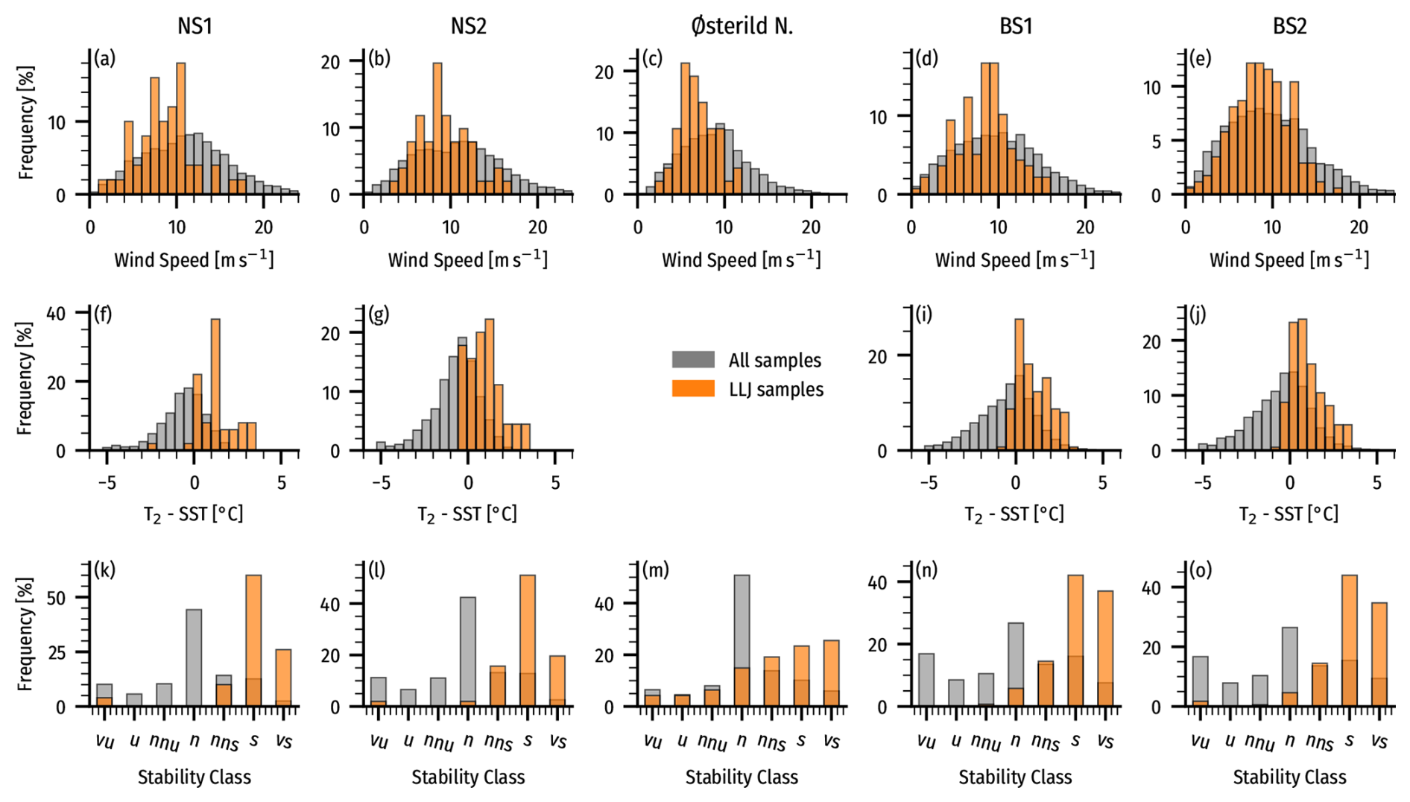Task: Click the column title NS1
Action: [x=195, y=26]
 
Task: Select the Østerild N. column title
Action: [x=742, y=26]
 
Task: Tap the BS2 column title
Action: [x=1289, y=26]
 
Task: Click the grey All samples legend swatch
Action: [x=693, y=359]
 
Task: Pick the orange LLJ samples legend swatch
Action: [x=693, y=388]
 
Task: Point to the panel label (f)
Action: [x=103, y=314]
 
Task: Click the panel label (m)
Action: [x=656, y=569]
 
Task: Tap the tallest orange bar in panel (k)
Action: [x=254, y=641]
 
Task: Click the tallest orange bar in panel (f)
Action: [x=215, y=385]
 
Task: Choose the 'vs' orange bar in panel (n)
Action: [x=1105, y=648]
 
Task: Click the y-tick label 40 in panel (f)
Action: [x=56, y=312]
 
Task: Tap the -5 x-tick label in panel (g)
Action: [x=380, y=482]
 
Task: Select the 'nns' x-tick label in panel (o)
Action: [x=1320, y=742]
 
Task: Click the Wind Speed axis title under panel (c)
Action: [x=742, y=259]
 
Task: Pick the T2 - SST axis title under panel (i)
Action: [x=1015, y=514]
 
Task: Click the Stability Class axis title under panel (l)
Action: [x=468, y=777]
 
